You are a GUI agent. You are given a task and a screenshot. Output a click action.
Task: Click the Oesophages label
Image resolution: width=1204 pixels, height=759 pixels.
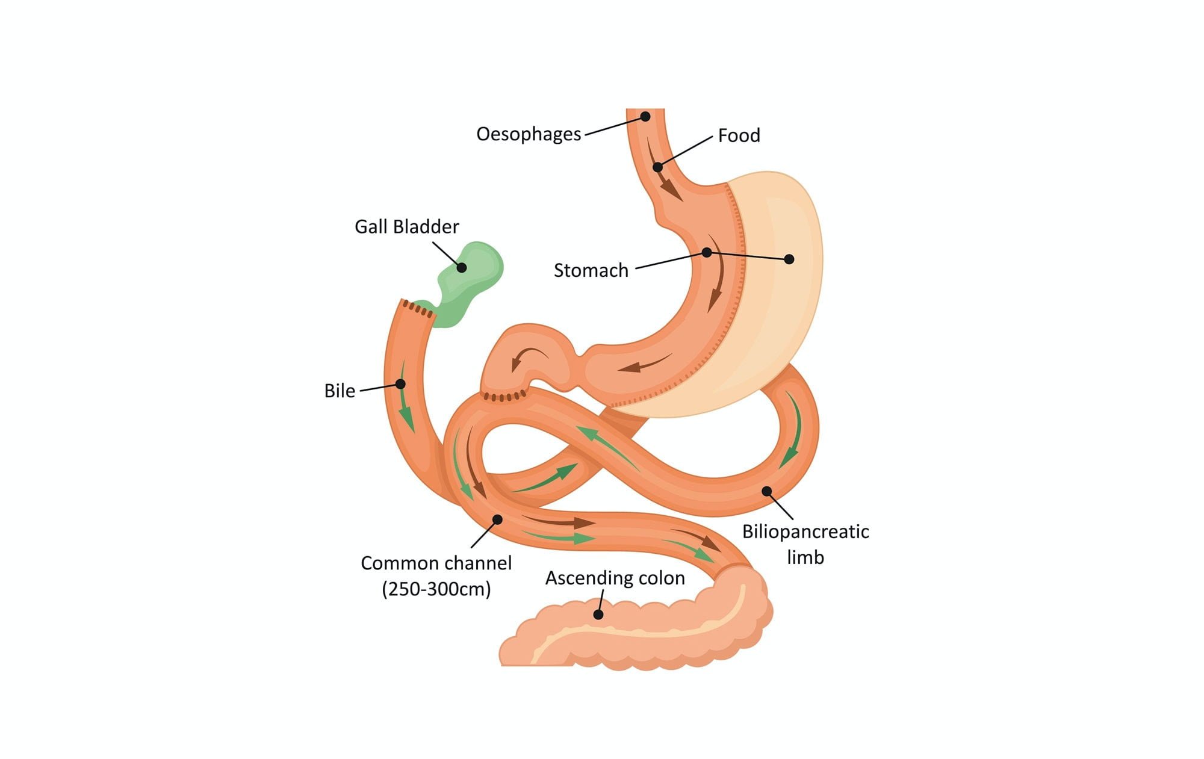point(529,134)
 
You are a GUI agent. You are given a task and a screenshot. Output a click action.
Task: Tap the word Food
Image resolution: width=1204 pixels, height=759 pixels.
point(739,135)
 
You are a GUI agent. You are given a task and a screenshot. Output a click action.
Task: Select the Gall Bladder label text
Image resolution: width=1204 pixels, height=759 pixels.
point(406,227)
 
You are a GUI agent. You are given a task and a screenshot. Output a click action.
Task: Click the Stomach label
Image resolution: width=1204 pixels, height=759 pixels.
point(591,271)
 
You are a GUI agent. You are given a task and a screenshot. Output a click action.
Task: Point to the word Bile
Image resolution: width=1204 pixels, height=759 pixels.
point(340,391)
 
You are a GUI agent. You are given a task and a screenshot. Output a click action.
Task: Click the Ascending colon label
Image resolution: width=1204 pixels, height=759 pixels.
point(615,578)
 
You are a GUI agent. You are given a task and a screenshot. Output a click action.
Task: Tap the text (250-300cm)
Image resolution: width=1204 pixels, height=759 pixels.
point(436,589)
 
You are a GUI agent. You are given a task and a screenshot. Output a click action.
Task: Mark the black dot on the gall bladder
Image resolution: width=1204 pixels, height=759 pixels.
point(462,267)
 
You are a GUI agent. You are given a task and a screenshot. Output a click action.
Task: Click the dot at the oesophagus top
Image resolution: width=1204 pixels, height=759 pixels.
point(645,116)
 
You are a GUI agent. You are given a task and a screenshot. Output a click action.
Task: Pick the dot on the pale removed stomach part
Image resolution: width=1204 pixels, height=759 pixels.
point(789,259)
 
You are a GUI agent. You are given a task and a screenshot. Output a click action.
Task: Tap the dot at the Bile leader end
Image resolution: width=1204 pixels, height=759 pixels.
point(400,384)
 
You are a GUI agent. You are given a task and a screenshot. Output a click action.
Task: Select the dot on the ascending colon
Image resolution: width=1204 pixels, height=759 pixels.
point(598,615)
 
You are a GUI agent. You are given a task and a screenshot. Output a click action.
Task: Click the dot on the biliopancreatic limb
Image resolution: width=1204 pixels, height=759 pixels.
point(766,491)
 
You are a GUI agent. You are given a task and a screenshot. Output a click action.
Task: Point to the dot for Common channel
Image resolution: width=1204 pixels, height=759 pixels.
point(497,519)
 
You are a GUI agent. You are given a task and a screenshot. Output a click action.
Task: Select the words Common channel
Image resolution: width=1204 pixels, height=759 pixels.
point(436,563)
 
